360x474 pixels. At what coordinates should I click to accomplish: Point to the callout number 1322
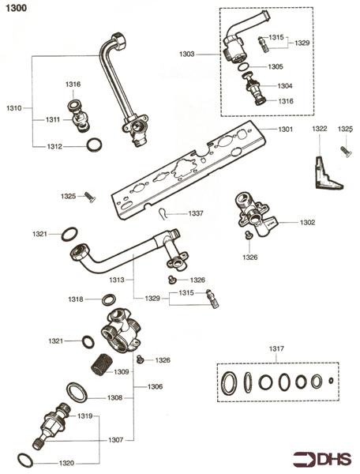point(319,128)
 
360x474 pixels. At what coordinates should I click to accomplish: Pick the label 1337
point(196,213)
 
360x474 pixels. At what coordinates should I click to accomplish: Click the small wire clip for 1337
point(162,212)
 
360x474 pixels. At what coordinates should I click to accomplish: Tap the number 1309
point(121,371)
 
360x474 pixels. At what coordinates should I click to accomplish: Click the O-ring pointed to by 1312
point(94,145)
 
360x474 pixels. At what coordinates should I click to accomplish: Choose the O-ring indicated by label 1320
point(27,461)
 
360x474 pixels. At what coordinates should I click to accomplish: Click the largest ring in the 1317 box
point(227,383)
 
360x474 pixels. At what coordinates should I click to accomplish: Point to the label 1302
point(306,223)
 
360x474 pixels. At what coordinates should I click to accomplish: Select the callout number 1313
point(116,280)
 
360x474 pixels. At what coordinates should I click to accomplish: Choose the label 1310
point(14,107)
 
